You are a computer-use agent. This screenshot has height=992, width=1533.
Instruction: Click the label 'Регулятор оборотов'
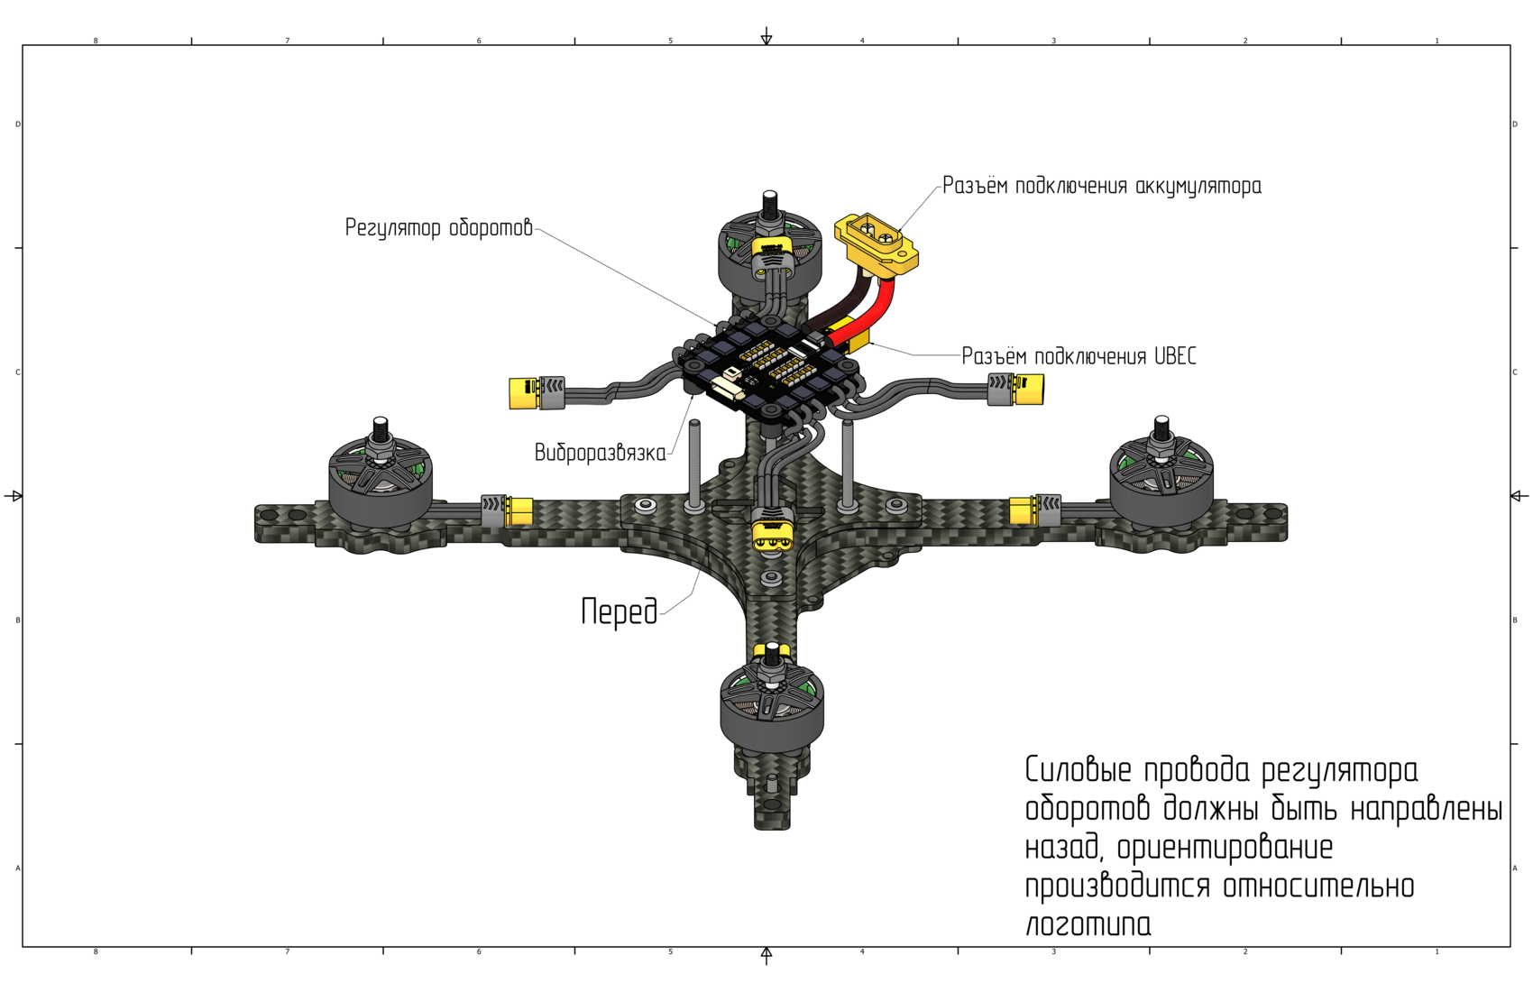(x=439, y=228)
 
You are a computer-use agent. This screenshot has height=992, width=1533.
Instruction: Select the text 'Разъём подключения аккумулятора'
(x=1102, y=187)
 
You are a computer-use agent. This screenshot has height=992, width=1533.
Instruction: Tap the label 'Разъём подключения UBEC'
(x=1079, y=356)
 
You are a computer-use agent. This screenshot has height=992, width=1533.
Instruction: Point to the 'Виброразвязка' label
(x=600, y=453)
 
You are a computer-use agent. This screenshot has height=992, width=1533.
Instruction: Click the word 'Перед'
(x=620, y=611)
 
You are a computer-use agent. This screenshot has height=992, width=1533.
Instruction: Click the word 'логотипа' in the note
(x=1088, y=924)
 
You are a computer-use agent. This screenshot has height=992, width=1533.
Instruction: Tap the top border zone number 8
(x=96, y=41)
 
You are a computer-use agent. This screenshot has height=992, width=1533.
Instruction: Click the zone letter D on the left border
(x=17, y=124)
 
